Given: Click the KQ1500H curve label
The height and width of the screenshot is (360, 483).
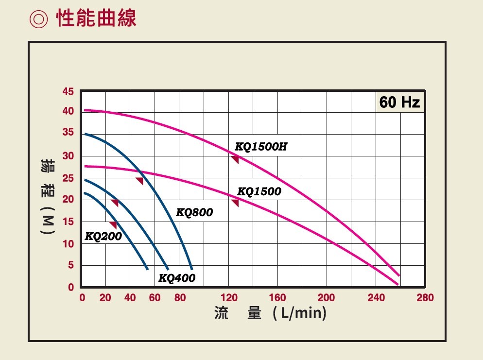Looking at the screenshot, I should tap(261, 146).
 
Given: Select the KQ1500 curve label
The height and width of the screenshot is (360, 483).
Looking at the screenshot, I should tap(259, 191).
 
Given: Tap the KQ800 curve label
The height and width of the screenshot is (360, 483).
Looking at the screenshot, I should tap(194, 212).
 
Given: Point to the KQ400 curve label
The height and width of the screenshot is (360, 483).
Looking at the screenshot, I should tap(177, 278).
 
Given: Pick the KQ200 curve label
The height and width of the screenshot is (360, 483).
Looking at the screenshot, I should tap(103, 237).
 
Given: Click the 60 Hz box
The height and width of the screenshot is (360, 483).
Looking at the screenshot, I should tap(399, 103).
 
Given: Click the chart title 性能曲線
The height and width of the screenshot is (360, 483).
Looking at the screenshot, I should tap(96, 18).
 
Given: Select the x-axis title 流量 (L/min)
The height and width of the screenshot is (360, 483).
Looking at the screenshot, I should tap(270, 313).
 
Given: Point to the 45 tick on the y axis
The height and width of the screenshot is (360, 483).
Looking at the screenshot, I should tap(68, 91).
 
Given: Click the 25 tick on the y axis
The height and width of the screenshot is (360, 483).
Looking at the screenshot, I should tap(68, 178).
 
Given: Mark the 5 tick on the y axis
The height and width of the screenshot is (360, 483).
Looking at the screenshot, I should tap(70, 265).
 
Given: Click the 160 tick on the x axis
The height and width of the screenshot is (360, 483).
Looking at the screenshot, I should tap(277, 298).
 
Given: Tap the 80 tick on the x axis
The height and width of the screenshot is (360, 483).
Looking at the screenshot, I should tap(179, 298).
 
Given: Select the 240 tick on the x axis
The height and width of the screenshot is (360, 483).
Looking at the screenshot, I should tap(376, 298).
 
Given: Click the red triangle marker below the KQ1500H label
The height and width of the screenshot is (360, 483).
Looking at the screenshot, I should tap(235, 159).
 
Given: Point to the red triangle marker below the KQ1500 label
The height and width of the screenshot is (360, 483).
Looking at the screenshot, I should tap(236, 203).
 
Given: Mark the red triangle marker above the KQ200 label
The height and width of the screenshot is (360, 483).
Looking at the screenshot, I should tap(114, 225).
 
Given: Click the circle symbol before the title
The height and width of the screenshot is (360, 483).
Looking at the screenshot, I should tap(39, 19).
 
